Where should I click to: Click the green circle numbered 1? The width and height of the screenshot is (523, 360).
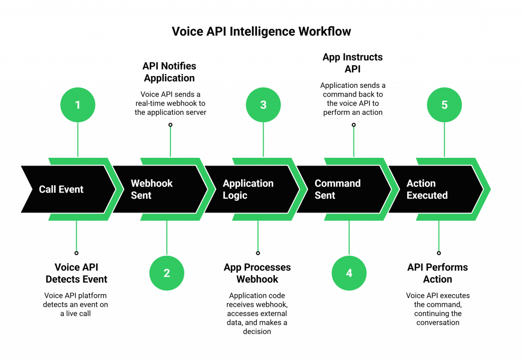pos(78,105)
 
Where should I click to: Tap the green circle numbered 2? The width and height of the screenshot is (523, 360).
pos(167,273)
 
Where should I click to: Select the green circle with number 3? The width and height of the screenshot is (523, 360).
pos(263,105)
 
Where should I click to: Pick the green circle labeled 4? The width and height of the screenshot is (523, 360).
pos(349,273)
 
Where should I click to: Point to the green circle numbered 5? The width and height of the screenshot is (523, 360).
pos(444,105)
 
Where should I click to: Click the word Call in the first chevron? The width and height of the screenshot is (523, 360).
pos(47,189)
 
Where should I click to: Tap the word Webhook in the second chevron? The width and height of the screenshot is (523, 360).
pos(152,183)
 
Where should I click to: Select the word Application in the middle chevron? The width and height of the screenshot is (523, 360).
pos(248,183)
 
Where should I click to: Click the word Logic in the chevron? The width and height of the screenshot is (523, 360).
pos(235,196)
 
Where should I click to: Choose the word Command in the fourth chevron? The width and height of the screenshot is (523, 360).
pos(338,183)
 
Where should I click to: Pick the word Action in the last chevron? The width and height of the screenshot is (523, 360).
pos(421,183)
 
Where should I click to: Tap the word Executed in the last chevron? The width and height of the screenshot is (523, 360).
pos(427,196)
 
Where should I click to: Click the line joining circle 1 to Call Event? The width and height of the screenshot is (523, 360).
pos(78,139)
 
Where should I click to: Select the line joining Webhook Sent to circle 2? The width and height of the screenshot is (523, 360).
pos(167,237)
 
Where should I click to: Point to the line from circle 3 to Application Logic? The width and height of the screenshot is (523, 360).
pos(263,139)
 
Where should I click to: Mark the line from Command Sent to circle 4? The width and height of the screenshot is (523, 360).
pos(349,237)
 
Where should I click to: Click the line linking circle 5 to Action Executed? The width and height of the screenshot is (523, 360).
pos(444,139)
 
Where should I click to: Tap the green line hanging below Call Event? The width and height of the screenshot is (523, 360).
pos(76,236)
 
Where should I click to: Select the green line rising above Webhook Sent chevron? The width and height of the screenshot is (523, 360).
pos(170,141)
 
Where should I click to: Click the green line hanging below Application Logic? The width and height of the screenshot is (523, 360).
pos(258,236)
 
